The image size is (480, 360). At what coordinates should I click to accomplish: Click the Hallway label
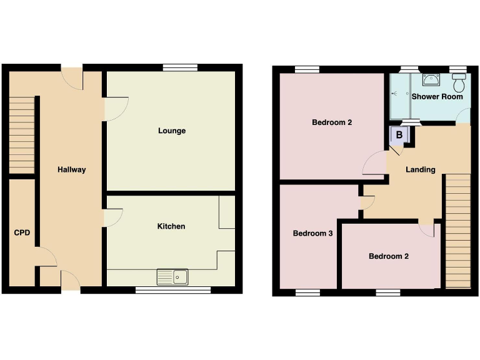point(71,169)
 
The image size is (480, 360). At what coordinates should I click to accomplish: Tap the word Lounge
point(172,131)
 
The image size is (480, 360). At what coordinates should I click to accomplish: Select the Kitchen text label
point(171,226)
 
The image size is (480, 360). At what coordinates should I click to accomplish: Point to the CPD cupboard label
point(22,233)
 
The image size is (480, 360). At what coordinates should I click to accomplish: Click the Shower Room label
point(437,96)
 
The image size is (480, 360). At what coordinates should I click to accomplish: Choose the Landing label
point(420,169)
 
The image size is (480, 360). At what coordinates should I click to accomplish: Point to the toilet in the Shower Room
point(459,82)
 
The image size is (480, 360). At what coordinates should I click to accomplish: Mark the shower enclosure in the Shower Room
point(399,96)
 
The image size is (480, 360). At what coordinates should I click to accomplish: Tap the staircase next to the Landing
point(458,231)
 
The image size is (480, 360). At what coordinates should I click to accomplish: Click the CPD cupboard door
point(47,257)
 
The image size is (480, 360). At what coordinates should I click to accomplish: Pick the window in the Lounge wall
point(179,67)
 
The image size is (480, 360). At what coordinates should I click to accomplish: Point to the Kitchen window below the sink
point(173,289)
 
